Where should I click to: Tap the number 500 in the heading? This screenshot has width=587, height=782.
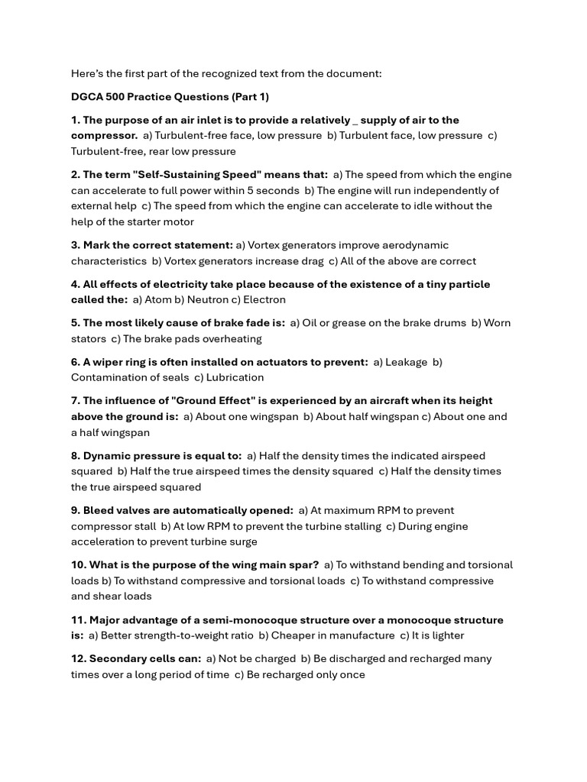[118, 97]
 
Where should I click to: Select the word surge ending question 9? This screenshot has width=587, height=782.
[242, 541]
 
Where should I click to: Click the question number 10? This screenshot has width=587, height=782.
[78, 565]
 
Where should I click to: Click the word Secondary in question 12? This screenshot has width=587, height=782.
[114, 659]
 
